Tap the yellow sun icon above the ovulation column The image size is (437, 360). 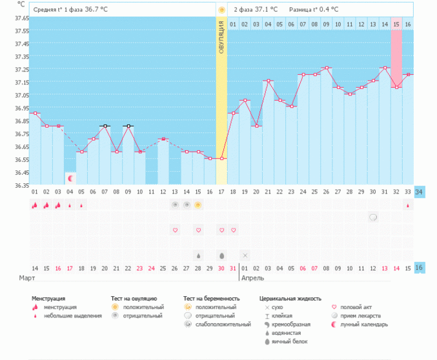(221, 10)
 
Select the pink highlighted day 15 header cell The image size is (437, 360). (396, 24)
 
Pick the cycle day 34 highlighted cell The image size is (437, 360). (419, 192)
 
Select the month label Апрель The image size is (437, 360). (252, 278)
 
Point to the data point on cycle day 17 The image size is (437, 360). (221, 159)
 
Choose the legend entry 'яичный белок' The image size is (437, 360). (284, 341)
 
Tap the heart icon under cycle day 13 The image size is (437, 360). (174, 230)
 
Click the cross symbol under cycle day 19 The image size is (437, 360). (245, 255)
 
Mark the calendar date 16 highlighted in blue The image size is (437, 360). (419, 268)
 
